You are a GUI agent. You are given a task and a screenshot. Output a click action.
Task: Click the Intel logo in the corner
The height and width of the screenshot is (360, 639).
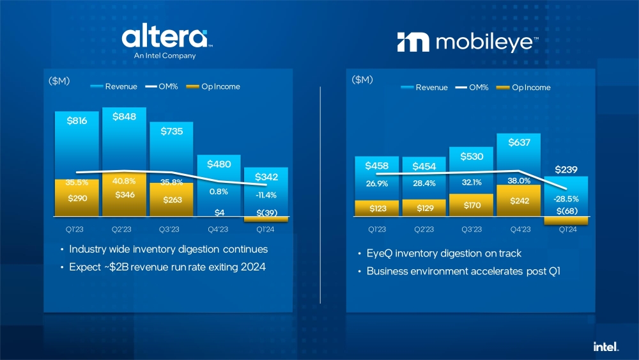[x=606, y=347]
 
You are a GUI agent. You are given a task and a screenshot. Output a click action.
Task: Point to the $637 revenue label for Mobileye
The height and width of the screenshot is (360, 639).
[x=519, y=143]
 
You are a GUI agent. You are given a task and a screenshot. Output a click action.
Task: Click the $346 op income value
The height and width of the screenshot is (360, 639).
[x=124, y=194]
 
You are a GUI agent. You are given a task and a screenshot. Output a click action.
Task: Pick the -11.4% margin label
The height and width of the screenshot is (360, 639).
[x=265, y=195]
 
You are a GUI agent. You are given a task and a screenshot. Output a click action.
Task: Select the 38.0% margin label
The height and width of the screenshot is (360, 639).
[x=519, y=181]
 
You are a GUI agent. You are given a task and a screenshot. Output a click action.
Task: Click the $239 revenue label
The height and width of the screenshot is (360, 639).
[x=566, y=170]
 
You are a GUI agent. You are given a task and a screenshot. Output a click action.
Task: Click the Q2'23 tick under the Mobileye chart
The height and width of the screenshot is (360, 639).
[x=424, y=229]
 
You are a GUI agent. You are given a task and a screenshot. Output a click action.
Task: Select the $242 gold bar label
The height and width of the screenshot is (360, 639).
[x=519, y=201]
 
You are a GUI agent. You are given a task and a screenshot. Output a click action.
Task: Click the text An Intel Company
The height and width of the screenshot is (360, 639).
[x=165, y=56]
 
